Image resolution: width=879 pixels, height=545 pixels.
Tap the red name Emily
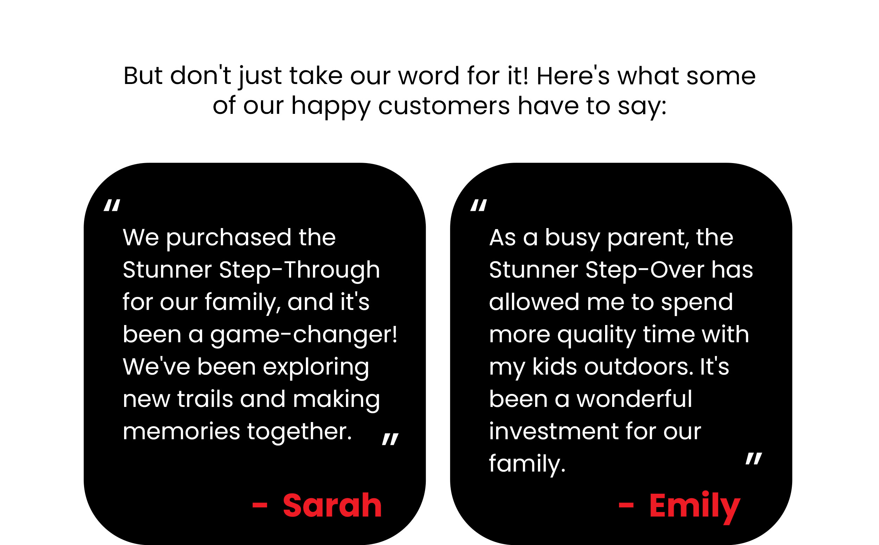point(694,507)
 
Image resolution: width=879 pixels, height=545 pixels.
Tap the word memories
point(181,432)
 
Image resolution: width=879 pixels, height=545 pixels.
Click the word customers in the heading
point(444,106)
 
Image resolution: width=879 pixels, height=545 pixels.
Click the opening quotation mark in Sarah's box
point(112,205)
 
